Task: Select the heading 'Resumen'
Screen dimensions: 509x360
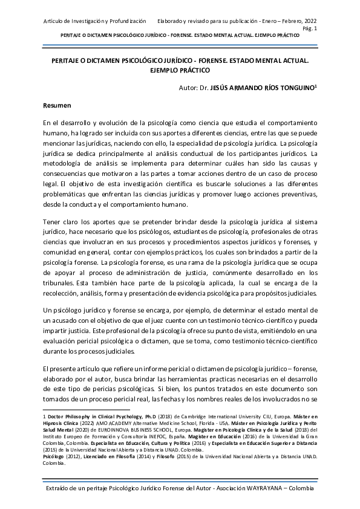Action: tap(57, 106)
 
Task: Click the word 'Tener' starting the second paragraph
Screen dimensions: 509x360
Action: tap(53, 224)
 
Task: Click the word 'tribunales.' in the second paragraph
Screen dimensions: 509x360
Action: tap(61, 282)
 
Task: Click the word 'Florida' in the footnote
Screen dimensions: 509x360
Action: tap(182, 423)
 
